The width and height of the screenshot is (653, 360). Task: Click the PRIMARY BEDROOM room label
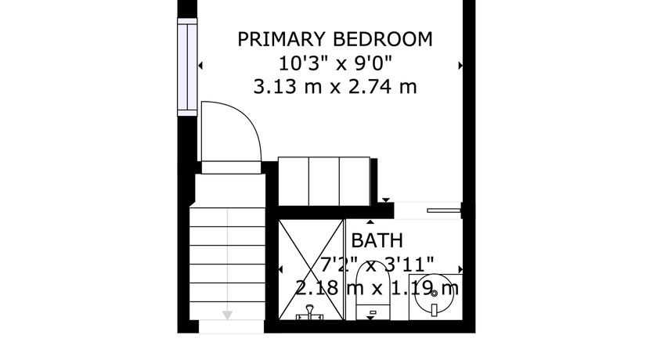[x=335, y=39]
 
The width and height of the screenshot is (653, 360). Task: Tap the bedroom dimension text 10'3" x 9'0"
[x=335, y=63]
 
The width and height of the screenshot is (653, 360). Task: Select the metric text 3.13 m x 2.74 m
[x=335, y=87]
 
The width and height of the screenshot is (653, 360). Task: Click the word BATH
[x=377, y=240]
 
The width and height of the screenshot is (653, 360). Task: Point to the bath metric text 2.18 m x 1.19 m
[x=377, y=287]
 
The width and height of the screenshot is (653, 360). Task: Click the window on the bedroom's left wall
[x=187, y=67]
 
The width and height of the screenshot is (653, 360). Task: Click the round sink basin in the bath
[x=435, y=292]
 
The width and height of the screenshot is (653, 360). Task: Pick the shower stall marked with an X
[x=311, y=270]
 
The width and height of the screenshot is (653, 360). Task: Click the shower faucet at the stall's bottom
[x=309, y=313]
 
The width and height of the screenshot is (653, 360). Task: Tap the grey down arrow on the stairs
[x=227, y=315]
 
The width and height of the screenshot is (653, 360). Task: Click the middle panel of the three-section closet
[x=324, y=181]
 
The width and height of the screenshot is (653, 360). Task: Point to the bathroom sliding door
[x=444, y=211]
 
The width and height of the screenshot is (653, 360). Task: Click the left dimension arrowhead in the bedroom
[x=200, y=65]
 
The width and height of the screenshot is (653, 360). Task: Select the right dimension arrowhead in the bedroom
[x=460, y=65]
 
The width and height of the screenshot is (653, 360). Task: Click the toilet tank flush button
[x=373, y=312]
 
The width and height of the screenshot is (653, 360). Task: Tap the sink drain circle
[x=435, y=293]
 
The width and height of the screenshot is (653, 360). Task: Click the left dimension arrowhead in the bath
[x=280, y=270]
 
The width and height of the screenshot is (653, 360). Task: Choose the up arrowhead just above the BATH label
[x=370, y=221]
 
